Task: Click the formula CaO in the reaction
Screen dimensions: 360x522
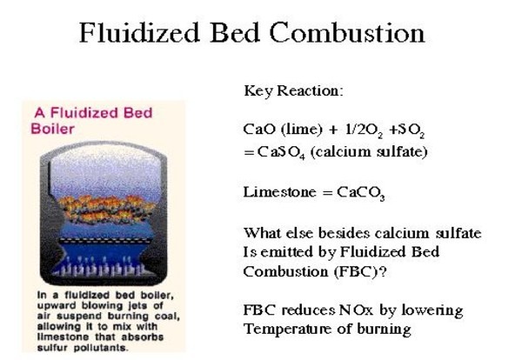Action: [258, 128]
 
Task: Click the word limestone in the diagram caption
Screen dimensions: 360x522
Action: [53, 338]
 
